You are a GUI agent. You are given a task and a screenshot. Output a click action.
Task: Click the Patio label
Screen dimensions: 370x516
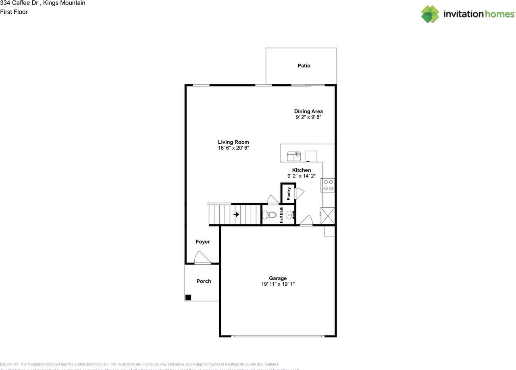pos(304,66)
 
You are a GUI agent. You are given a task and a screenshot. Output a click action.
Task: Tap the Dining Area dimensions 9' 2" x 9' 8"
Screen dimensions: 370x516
pos(308,117)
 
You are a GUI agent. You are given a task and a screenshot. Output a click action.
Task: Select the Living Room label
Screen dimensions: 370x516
pos(233,142)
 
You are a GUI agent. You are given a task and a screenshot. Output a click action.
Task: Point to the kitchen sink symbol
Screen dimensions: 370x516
pos(293,156)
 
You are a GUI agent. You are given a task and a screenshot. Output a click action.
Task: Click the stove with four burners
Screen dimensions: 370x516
pos(328,185)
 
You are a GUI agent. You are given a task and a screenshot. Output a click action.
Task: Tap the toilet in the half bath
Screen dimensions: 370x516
pos(268,215)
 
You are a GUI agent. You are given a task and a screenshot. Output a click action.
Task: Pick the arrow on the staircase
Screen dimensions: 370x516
pos(236,214)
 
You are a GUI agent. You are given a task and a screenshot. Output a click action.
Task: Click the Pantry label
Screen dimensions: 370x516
pos(289,194)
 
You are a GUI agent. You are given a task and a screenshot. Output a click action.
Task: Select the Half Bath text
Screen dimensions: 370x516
pos(281,215)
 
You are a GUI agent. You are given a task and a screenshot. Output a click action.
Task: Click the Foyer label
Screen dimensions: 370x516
pos(203,242)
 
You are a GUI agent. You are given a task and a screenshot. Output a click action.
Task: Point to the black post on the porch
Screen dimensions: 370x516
pos(188,298)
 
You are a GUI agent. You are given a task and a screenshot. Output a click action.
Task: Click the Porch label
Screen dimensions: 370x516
pos(204,281)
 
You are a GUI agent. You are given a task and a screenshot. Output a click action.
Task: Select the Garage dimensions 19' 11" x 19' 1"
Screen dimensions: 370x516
pos(278,284)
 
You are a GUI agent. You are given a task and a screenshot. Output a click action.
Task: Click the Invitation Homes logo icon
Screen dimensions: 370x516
pos(430,14)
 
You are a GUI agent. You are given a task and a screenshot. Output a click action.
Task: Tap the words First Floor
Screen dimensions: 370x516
pos(14,12)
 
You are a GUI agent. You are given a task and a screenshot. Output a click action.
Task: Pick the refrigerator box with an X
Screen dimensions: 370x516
pos(327,215)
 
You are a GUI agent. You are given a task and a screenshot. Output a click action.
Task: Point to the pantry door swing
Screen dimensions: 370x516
pos(300,193)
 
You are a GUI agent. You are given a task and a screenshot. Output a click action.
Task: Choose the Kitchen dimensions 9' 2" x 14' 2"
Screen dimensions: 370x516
pos(302,176)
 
